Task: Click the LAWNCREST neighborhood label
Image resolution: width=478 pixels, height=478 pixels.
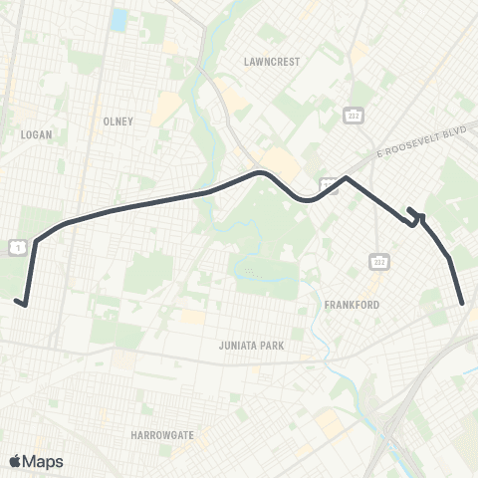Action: coord(272,61)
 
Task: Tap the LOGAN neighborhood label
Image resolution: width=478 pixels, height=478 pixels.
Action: coord(35,132)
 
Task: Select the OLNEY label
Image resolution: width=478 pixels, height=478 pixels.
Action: coord(117,121)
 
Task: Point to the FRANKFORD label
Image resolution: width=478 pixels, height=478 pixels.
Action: coord(352,305)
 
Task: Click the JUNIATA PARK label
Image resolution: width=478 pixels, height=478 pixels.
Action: coord(251,346)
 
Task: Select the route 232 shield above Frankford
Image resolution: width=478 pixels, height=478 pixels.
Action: coord(379,262)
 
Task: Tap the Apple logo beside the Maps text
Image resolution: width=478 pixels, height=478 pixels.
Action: coord(15,461)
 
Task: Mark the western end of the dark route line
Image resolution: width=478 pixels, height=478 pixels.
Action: coord(17,301)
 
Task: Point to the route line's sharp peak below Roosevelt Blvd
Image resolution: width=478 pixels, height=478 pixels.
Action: coord(345,178)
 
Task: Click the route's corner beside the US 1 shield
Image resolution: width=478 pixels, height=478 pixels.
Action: coord(37,240)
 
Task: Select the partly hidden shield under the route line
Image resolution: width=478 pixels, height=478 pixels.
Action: coord(329,186)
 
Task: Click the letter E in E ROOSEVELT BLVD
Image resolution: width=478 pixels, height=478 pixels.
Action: coord(379,155)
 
